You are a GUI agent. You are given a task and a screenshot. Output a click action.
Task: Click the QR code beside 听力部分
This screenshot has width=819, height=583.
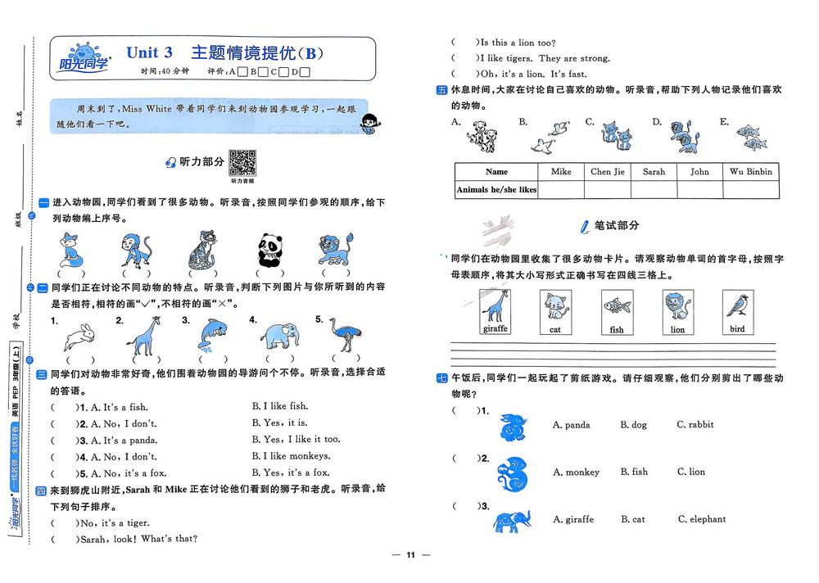(x=242, y=162)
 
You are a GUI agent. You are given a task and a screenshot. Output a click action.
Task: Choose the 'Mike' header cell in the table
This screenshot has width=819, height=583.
(x=561, y=172)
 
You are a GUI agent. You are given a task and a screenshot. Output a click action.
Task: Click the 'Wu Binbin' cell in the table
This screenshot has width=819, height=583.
(x=750, y=172)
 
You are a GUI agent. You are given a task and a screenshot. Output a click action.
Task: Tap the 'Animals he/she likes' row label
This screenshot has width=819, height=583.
(x=496, y=190)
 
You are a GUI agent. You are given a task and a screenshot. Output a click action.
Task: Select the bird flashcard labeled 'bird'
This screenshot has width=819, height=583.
(x=737, y=313)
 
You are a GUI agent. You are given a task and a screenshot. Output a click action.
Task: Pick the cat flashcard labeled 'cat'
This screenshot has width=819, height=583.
(x=555, y=313)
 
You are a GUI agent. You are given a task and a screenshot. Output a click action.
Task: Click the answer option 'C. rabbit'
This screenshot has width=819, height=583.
(x=695, y=425)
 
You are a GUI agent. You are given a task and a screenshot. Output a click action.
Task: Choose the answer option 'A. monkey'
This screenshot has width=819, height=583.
(x=576, y=472)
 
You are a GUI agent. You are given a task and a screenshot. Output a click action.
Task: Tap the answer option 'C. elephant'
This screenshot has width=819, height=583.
(x=701, y=519)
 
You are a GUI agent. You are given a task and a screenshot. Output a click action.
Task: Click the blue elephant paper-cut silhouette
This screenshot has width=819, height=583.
(x=512, y=520)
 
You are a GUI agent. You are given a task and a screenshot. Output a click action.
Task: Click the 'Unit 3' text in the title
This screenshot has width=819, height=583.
(x=149, y=52)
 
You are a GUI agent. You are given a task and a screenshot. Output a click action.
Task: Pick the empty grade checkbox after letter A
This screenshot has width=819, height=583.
(x=242, y=72)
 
